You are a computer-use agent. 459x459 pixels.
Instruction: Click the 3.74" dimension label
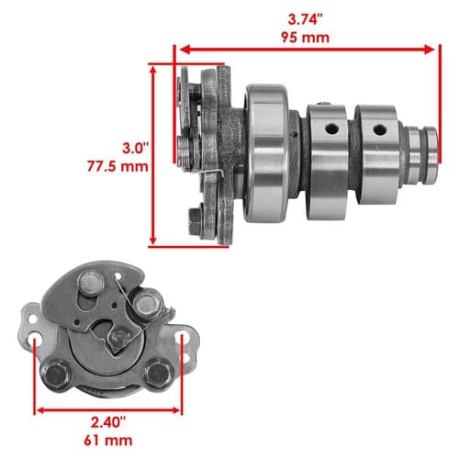(305, 20)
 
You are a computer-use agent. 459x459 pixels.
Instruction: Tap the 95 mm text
(305, 38)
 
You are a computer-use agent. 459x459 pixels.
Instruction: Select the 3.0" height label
(135, 149)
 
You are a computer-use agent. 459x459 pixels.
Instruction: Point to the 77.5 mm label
(118, 167)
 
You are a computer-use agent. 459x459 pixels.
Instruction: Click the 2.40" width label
(108, 422)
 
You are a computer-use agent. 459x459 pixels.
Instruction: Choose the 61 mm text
(108, 441)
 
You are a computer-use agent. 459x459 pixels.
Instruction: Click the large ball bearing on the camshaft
(266, 153)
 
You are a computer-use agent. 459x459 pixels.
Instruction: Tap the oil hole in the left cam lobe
(331, 129)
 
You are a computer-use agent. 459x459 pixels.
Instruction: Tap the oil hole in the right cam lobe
(380, 129)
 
